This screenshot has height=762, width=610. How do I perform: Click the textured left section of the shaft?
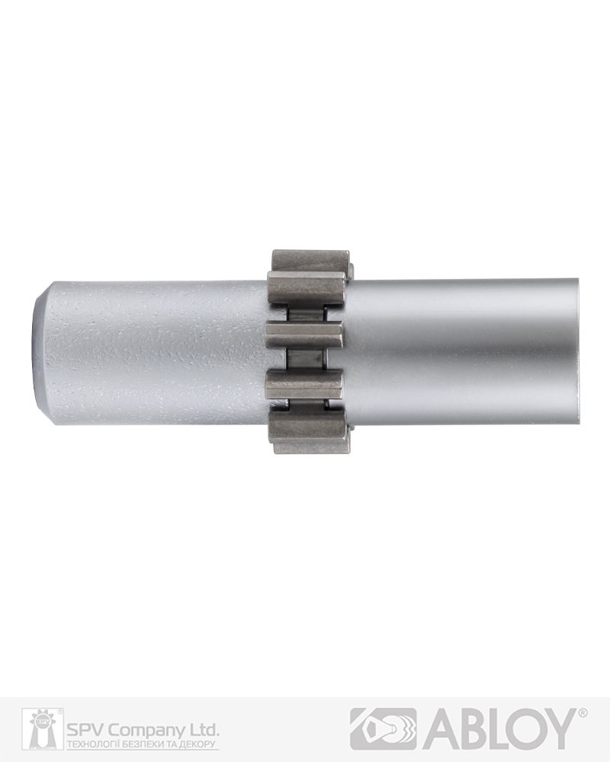pyautogui.click(x=156, y=352)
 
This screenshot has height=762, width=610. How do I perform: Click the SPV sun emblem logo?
pyautogui.click(x=42, y=728)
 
